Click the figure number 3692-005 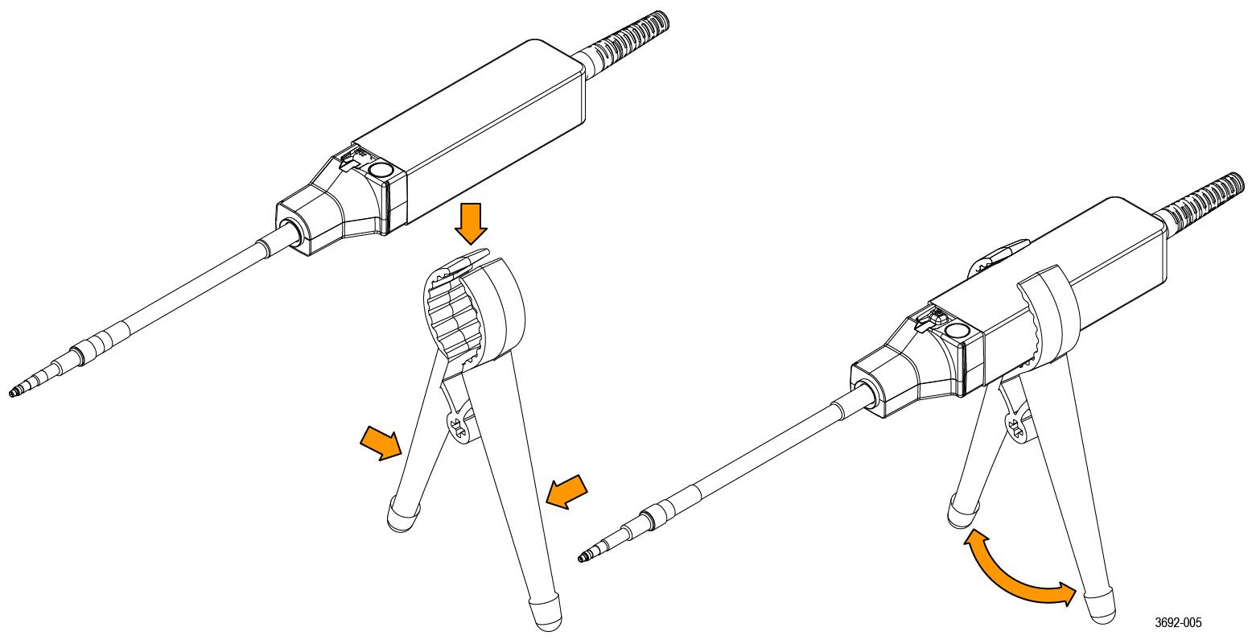coord(1178,623)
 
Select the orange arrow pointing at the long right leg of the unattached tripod coord(566,492)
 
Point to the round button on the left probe coord(381,169)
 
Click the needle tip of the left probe coord(11,394)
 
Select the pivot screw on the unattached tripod coord(460,428)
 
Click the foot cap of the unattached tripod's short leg coord(402,517)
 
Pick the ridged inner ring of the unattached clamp coord(454,313)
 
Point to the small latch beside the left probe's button coord(350,160)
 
